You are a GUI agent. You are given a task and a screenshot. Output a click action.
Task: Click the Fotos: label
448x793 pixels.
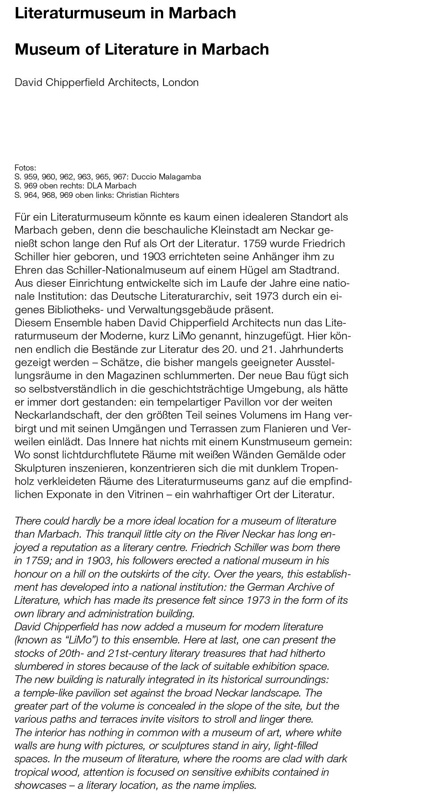[25, 167]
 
